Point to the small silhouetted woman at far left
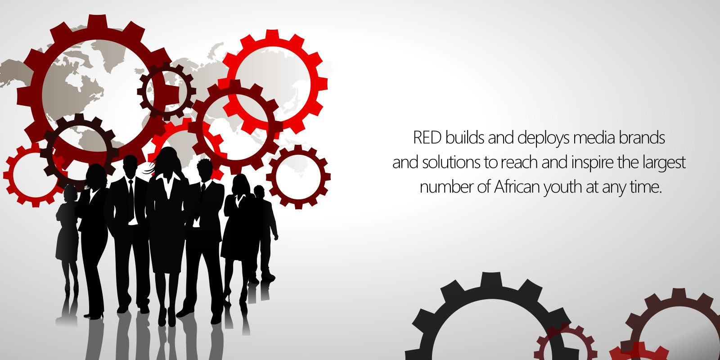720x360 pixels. click(67, 244)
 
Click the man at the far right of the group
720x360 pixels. click(265, 234)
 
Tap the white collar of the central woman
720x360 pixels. click(168, 185)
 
